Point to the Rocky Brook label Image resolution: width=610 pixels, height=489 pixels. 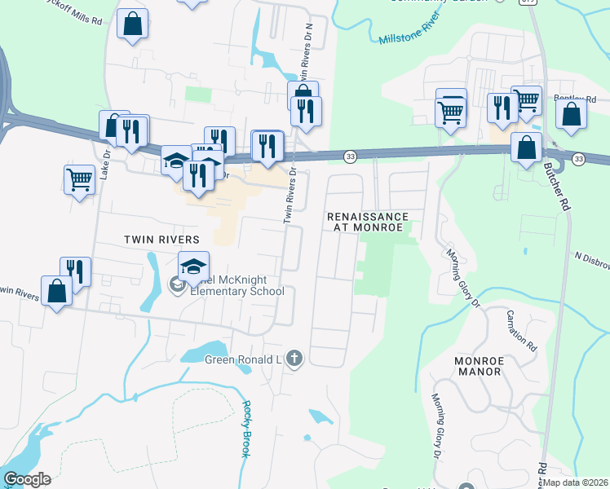(245, 429)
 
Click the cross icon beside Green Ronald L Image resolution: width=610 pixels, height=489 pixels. (294, 359)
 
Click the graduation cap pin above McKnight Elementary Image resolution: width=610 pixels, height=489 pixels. (194, 266)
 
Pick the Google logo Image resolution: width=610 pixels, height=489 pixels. (27, 479)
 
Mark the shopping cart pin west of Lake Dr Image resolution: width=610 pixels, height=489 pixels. (79, 178)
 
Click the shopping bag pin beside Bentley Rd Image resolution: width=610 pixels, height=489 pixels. (572, 115)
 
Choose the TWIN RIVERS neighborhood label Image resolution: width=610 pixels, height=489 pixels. (161, 240)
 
